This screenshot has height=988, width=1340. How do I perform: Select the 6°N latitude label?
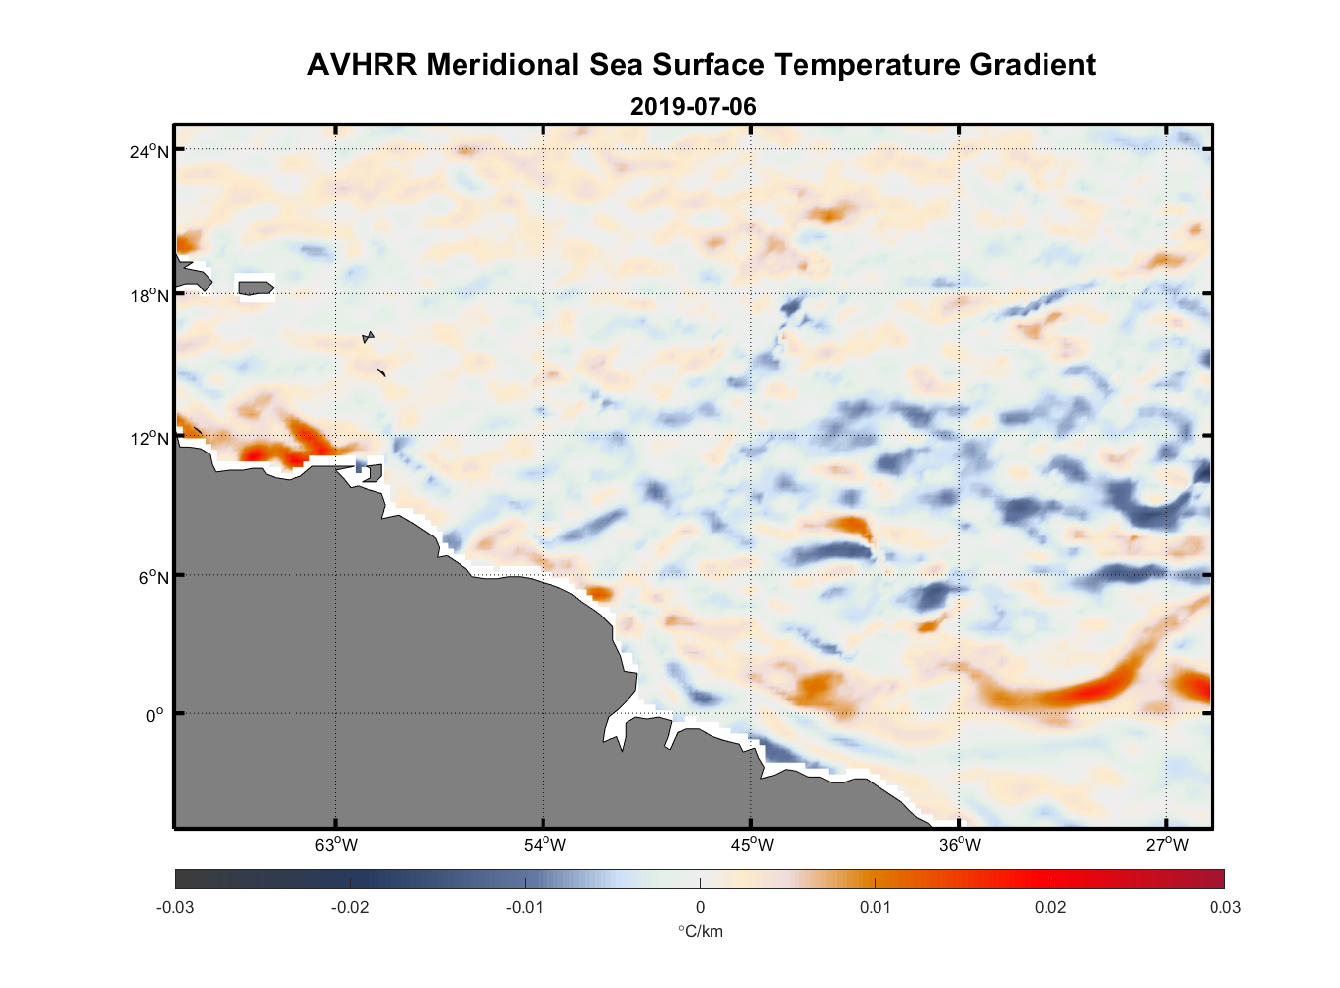click(x=154, y=577)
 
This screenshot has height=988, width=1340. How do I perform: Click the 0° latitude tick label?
click(x=155, y=715)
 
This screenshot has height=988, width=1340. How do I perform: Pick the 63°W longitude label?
click(x=336, y=845)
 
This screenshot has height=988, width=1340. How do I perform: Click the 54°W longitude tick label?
click(x=544, y=845)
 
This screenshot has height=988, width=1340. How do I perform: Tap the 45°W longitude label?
click(x=752, y=845)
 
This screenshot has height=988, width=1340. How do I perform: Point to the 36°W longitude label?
click(x=960, y=845)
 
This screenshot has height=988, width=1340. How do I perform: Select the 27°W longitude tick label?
click(x=1167, y=845)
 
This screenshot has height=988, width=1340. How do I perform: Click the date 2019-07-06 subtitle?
click(x=693, y=106)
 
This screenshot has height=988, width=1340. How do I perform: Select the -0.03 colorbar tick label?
click(x=175, y=907)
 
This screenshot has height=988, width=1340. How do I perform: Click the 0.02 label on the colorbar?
click(x=1050, y=907)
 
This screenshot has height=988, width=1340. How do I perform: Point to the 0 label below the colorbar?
click(x=700, y=907)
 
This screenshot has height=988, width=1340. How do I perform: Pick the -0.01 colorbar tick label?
click(x=525, y=907)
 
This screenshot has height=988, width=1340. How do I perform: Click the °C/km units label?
click(x=700, y=931)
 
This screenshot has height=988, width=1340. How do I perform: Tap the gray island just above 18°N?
click(x=256, y=288)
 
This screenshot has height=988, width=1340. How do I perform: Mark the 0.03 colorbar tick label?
click(x=1224, y=907)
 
